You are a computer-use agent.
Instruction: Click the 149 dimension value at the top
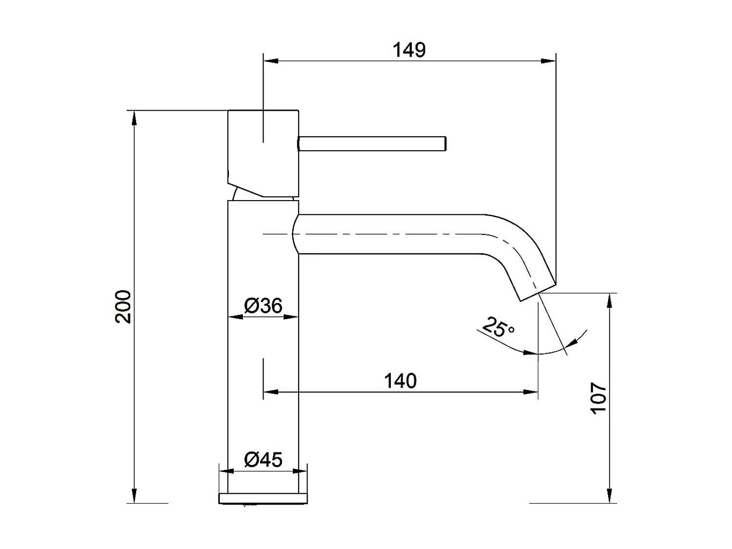pos(409,50)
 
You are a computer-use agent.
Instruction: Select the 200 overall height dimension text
pos(123,306)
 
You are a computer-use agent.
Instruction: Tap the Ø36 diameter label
pos(263,306)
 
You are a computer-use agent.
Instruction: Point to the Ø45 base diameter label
pos(263,459)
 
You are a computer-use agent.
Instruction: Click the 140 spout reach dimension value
pos(400,381)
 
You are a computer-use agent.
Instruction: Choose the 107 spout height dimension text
pos(599,398)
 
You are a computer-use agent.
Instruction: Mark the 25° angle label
pos(498,327)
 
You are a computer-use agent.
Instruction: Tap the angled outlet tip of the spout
pos(537,291)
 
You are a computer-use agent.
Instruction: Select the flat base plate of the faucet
pos(263,498)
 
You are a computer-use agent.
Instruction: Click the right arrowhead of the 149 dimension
pos(549,61)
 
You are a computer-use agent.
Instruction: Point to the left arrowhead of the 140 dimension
pos(270,391)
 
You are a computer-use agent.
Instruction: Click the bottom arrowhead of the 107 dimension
pos(609,496)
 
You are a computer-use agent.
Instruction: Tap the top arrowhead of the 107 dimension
pos(609,300)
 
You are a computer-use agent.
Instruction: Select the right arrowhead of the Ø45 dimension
pos(300,471)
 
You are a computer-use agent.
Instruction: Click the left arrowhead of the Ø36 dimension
pos(235,317)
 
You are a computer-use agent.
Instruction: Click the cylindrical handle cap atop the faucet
pos(263,151)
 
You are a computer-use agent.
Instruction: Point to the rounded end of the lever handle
pos(444,143)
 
